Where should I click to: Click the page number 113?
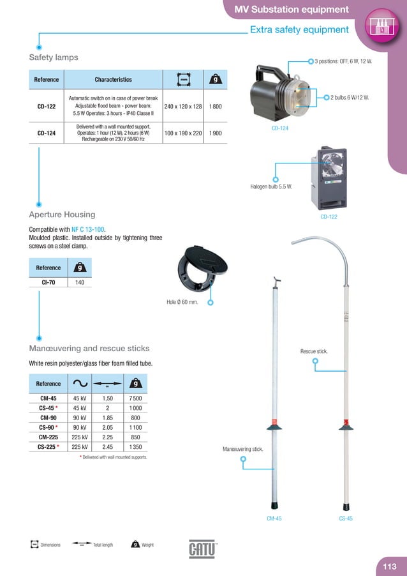390,566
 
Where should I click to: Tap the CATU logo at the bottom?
203,549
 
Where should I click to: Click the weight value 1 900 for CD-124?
215,133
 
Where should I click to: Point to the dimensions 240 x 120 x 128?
183,106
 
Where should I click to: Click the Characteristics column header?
113,80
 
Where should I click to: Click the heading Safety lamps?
54,57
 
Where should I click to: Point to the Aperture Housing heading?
62,215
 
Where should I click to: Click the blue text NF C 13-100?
89,229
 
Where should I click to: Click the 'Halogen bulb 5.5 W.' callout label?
270,187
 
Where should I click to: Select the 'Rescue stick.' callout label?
314,351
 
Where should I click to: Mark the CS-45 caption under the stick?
346,519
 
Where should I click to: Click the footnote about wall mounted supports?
113,457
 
